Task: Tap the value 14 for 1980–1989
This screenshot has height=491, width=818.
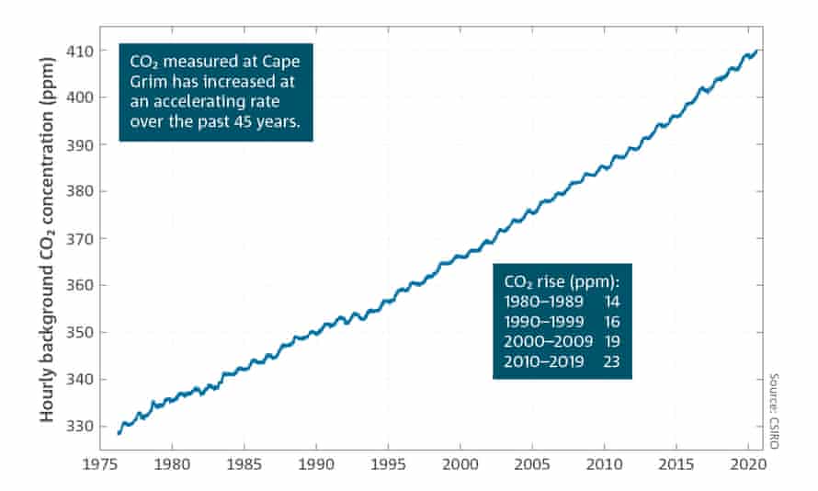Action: [613, 301]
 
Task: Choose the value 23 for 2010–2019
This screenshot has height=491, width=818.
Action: [613, 362]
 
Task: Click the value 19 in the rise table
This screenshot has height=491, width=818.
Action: [613, 342]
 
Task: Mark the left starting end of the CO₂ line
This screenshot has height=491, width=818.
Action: [119, 432]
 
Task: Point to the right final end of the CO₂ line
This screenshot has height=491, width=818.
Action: [756, 51]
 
